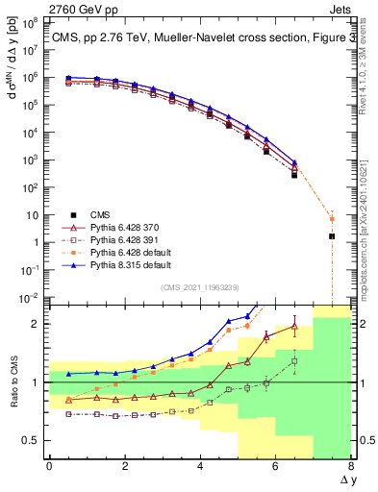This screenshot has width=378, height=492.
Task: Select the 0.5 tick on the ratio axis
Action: pyautogui.click(x=36, y=440)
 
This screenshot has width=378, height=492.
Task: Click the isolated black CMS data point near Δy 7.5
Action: pyautogui.click(x=332, y=235)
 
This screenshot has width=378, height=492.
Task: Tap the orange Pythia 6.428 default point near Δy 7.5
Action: pyautogui.click(x=332, y=219)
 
